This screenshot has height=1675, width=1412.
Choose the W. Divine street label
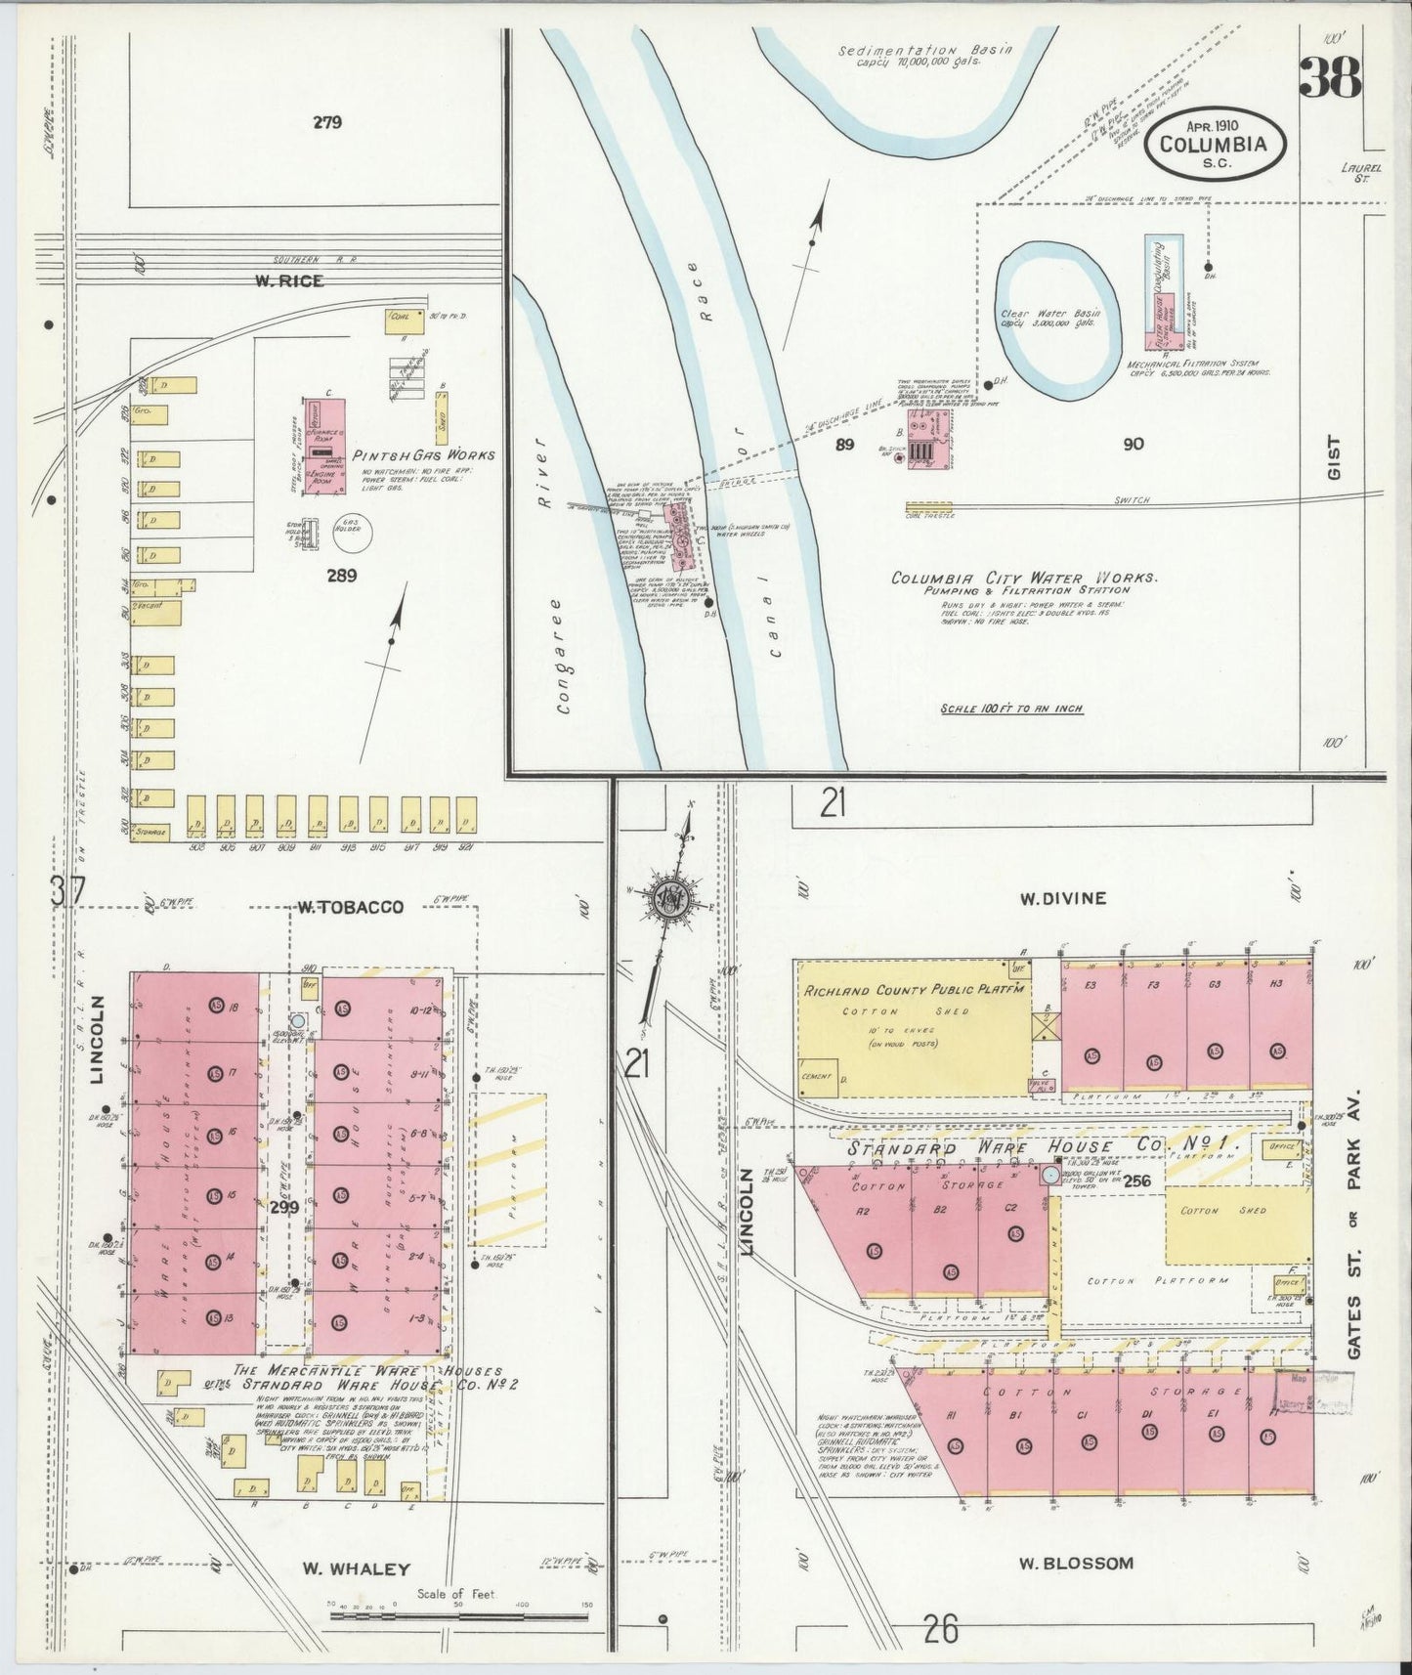(x=1062, y=898)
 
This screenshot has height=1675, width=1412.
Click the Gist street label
(x=1334, y=457)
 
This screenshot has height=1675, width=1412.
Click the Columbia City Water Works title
(x=1024, y=578)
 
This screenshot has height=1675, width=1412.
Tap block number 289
(x=342, y=576)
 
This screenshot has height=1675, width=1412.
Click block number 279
(x=327, y=122)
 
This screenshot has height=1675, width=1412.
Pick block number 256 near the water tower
(x=1136, y=1181)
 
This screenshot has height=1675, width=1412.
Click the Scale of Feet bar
(x=459, y=1616)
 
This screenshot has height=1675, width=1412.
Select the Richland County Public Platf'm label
(x=915, y=990)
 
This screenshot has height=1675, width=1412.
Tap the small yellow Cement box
(x=818, y=1077)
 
